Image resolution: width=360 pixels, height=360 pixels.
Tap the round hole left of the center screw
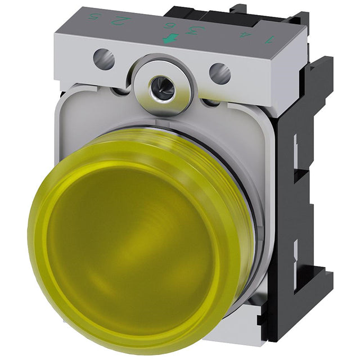[103, 56]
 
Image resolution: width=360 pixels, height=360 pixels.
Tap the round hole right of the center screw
[220, 74]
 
